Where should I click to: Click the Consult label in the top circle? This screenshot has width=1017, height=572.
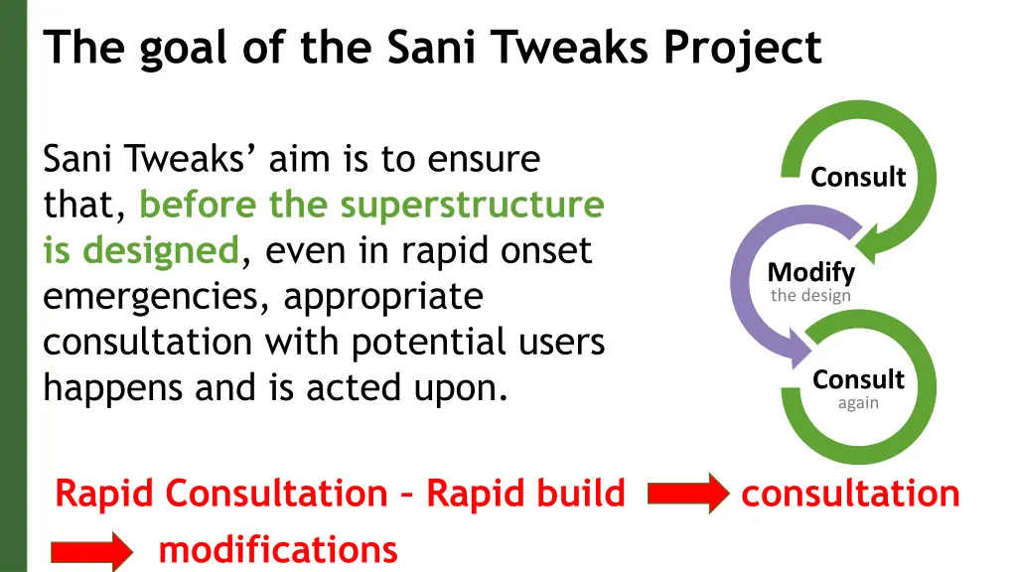tap(858, 178)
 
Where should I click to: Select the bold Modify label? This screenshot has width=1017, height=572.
tap(810, 272)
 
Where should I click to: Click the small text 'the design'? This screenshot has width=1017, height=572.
tap(810, 295)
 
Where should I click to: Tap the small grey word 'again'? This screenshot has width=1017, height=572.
tap(858, 403)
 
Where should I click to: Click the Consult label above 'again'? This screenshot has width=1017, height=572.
tap(858, 380)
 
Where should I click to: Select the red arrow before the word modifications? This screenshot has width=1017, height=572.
tap(90, 550)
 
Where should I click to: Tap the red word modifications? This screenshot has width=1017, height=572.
tap(278, 549)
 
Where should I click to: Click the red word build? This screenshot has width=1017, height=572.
tap(576, 494)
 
